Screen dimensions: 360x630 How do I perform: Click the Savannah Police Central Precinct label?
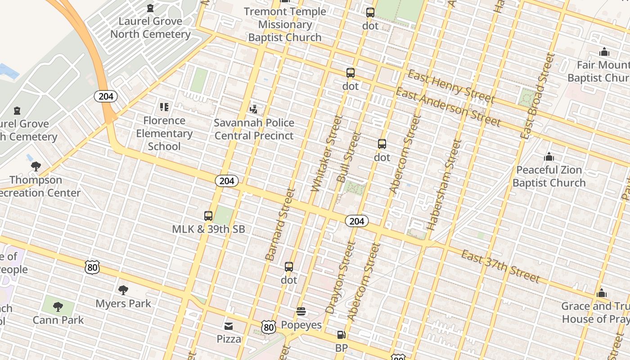pyautogui.click(x=254, y=129)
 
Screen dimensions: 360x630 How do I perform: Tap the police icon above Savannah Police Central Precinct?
pyautogui.click(x=254, y=108)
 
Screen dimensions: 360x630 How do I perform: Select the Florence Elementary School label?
pyautogui.click(x=164, y=133)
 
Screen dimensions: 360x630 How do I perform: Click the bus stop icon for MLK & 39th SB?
pyautogui.click(x=208, y=216)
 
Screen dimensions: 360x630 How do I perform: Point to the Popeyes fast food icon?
pyautogui.click(x=301, y=311)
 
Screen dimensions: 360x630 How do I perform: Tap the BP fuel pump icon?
pyautogui.click(x=342, y=335)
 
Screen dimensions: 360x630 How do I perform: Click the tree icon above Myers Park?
pyautogui.click(x=123, y=290)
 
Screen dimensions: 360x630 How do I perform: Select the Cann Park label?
pyautogui.click(x=58, y=320)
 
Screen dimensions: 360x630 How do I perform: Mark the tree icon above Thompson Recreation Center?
pyautogui.click(x=36, y=166)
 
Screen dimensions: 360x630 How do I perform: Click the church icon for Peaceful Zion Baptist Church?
pyautogui.click(x=549, y=157)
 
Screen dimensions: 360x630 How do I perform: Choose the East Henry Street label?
pyautogui.click(x=451, y=86)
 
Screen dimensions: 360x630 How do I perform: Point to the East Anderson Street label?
pyautogui.click(x=448, y=107)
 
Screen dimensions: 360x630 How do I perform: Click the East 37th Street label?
pyautogui.click(x=500, y=266)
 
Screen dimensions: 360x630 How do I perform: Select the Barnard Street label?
pyautogui.click(x=279, y=225)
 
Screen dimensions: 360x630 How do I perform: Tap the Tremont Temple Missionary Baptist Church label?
pyautogui.click(x=285, y=25)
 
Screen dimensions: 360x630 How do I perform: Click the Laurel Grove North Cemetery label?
pyautogui.click(x=150, y=27)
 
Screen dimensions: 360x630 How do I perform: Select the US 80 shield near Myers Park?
pyautogui.click(x=92, y=267)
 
